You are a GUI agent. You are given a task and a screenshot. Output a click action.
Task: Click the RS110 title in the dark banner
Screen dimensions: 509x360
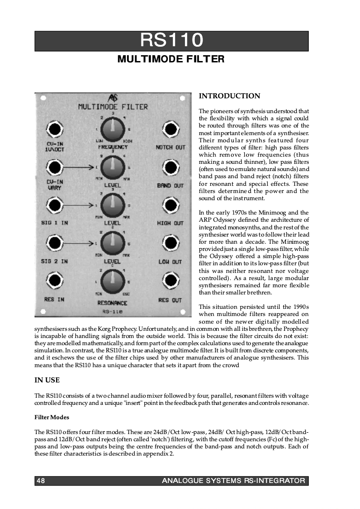(x=171, y=41)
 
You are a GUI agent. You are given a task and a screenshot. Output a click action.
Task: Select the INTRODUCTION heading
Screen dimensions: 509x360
(x=229, y=96)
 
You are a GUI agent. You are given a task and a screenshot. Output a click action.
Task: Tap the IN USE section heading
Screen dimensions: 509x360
(x=47, y=380)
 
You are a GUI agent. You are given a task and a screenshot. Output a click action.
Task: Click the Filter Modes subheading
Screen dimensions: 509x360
(x=52, y=417)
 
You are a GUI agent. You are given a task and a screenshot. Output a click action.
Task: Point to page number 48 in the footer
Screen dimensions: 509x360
(x=40, y=481)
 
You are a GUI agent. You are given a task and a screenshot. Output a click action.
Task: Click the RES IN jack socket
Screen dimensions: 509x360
(x=54, y=281)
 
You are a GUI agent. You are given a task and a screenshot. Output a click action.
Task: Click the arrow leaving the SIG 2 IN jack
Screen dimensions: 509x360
(x=79, y=244)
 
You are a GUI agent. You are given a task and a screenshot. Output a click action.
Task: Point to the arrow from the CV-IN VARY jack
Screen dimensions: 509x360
(x=79, y=167)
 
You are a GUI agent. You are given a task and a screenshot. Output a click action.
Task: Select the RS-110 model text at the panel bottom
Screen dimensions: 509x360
(x=112, y=311)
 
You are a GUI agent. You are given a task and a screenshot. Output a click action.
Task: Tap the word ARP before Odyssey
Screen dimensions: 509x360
(x=205, y=219)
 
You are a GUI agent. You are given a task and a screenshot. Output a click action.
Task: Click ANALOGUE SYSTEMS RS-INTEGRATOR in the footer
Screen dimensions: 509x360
(x=233, y=481)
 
